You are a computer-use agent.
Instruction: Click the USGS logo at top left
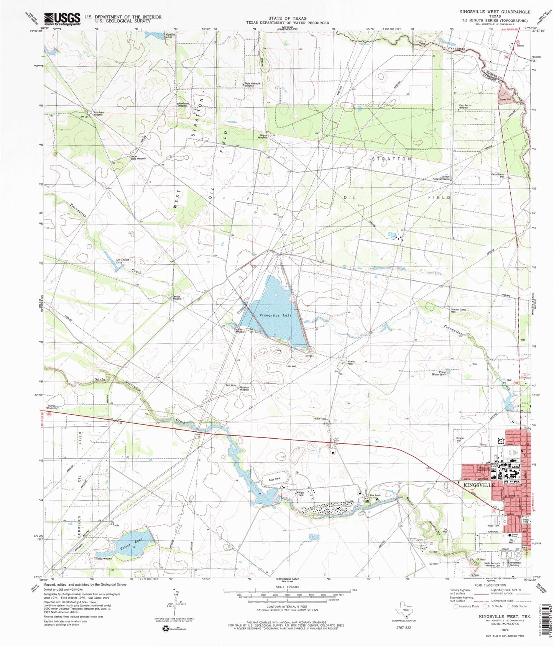[62, 18]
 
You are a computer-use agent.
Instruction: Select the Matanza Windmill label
[245, 388]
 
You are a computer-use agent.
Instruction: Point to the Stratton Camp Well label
[458, 311]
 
